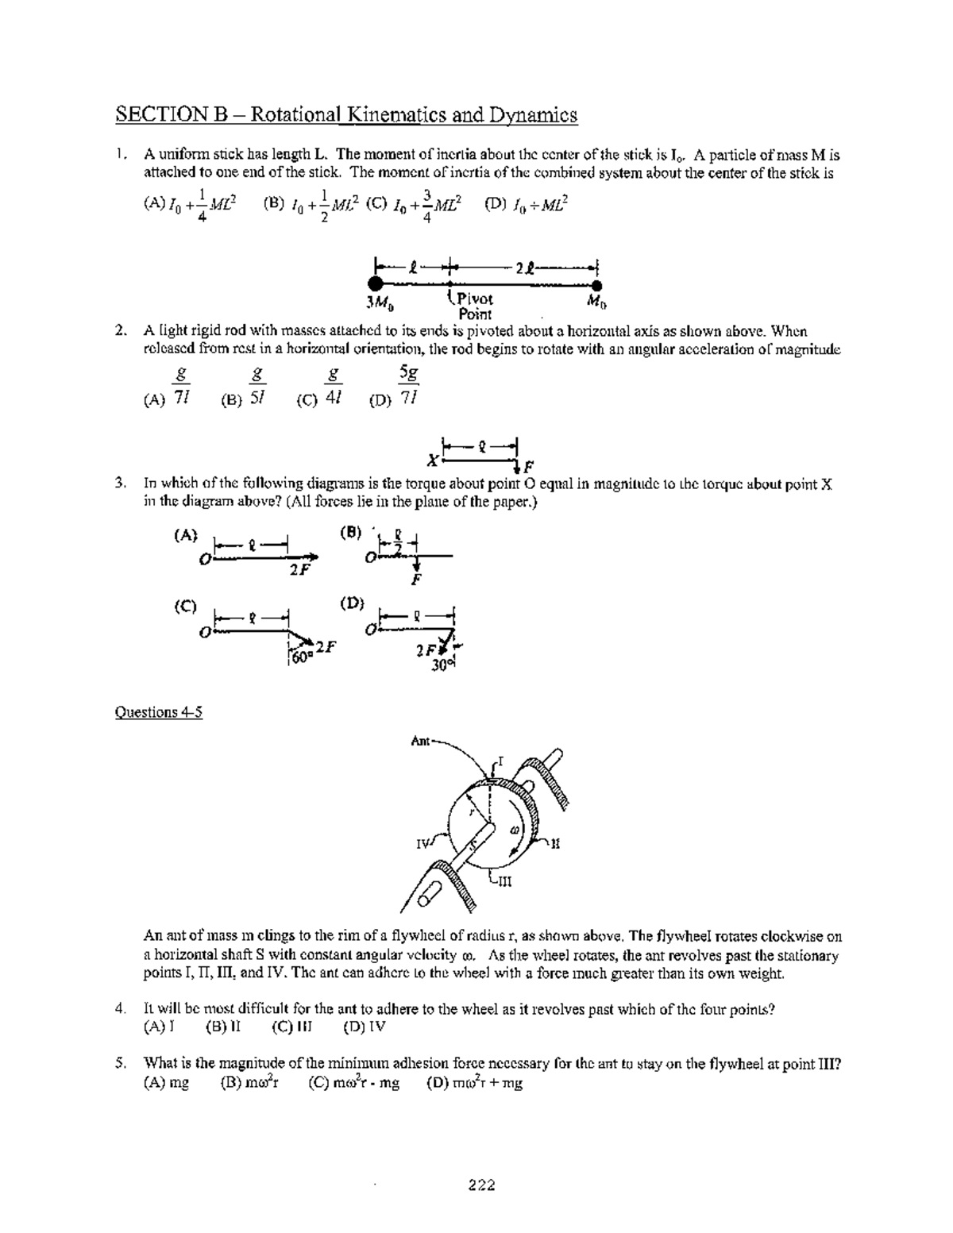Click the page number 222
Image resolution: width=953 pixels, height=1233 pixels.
pos(481,1185)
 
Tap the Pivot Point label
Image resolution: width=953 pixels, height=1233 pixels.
pos(474,306)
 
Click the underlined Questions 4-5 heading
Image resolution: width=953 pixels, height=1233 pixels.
pos(159,712)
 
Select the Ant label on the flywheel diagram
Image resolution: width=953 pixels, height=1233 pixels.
pos(420,741)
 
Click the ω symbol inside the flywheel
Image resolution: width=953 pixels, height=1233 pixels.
pos(514,829)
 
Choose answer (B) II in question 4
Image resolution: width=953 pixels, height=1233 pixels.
pos(223,1027)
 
